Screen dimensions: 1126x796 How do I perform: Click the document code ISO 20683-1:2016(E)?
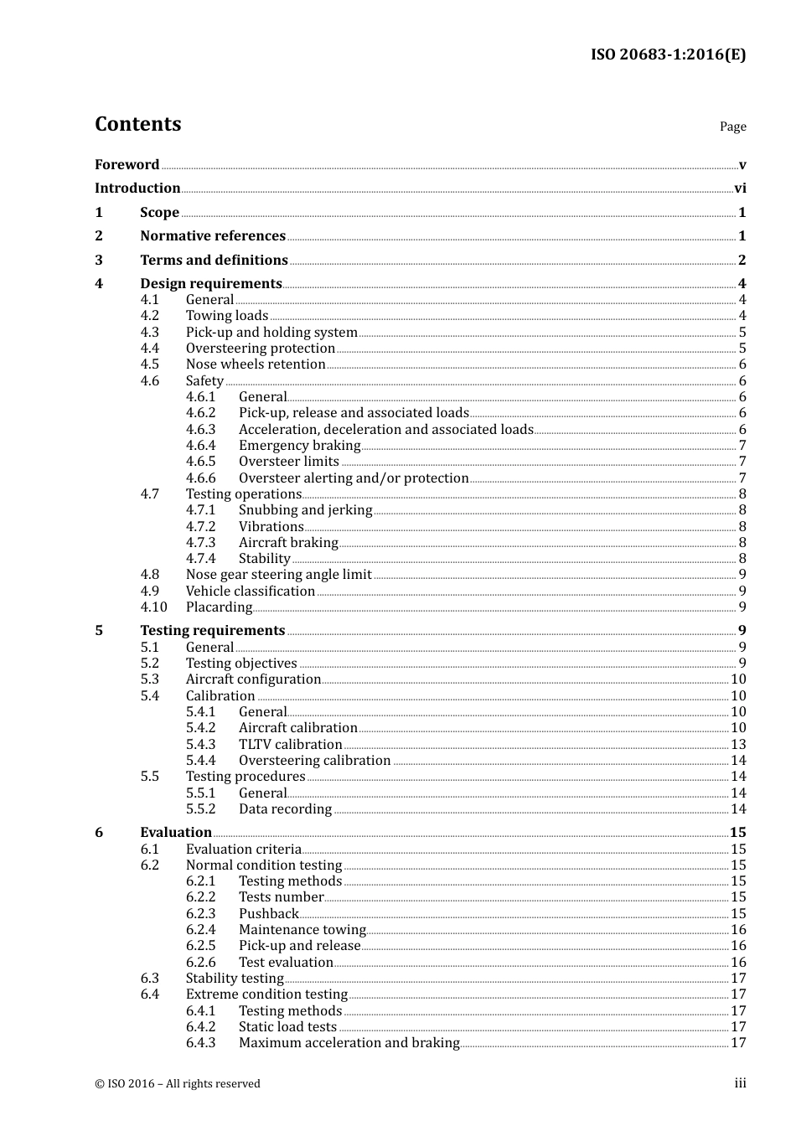click(668, 54)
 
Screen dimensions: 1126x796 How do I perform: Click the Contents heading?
click(137, 124)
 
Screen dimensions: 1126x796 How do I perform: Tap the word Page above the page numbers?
click(732, 127)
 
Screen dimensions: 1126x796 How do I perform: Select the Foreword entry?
click(127, 165)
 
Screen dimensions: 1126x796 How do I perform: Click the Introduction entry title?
click(137, 189)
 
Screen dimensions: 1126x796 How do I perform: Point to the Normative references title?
click(213, 236)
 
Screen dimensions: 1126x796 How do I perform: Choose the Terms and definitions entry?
click(214, 261)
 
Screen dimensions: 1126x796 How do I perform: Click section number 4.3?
click(150, 333)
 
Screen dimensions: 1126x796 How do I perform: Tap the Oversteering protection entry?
click(261, 349)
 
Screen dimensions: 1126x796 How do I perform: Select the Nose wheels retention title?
click(256, 364)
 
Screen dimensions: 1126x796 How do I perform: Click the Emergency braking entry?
click(299, 446)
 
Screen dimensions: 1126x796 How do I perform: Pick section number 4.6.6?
click(200, 478)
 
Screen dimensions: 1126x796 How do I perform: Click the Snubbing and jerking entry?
click(305, 510)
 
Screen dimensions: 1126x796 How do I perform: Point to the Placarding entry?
click(219, 607)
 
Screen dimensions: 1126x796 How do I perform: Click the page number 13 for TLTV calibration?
click(738, 745)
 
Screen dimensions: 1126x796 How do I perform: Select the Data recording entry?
click(285, 809)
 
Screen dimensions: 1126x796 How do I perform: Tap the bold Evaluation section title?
click(176, 833)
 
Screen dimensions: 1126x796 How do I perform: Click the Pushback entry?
click(268, 914)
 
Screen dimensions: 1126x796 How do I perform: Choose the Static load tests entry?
click(287, 1027)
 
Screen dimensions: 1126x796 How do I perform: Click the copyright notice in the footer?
click(178, 1083)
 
